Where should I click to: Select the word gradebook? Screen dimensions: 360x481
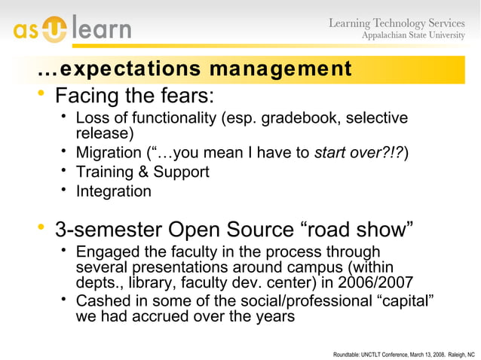318,118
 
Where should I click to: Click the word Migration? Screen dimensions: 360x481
109,154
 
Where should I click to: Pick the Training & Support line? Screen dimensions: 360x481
142,172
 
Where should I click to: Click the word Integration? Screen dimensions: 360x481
113,191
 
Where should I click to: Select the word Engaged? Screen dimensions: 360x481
109,252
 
